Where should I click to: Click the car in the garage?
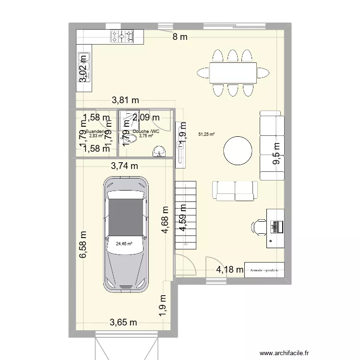point(125,234)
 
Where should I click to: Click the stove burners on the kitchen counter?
point(122,36)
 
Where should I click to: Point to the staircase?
point(186,215)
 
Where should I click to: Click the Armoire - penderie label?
point(264,270)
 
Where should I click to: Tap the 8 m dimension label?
point(180,37)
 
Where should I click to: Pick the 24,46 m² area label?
point(124,243)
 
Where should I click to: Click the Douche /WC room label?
point(146,132)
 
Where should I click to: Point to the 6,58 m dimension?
point(84,246)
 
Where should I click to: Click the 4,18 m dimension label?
point(229,269)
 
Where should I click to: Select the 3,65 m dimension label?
point(124,322)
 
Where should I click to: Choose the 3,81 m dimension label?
point(125,100)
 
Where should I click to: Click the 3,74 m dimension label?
point(124,166)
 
